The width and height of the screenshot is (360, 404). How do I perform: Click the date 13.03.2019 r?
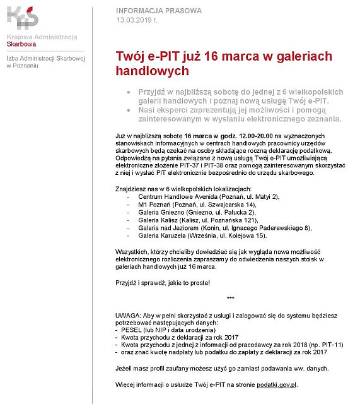pos(137,20)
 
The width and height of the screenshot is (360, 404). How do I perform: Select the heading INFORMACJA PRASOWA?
pos(159,11)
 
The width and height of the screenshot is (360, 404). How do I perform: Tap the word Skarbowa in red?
pos(21,44)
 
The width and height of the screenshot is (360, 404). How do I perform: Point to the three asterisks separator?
pos(230,297)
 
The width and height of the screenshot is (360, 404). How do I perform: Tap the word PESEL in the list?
pos(131,330)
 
